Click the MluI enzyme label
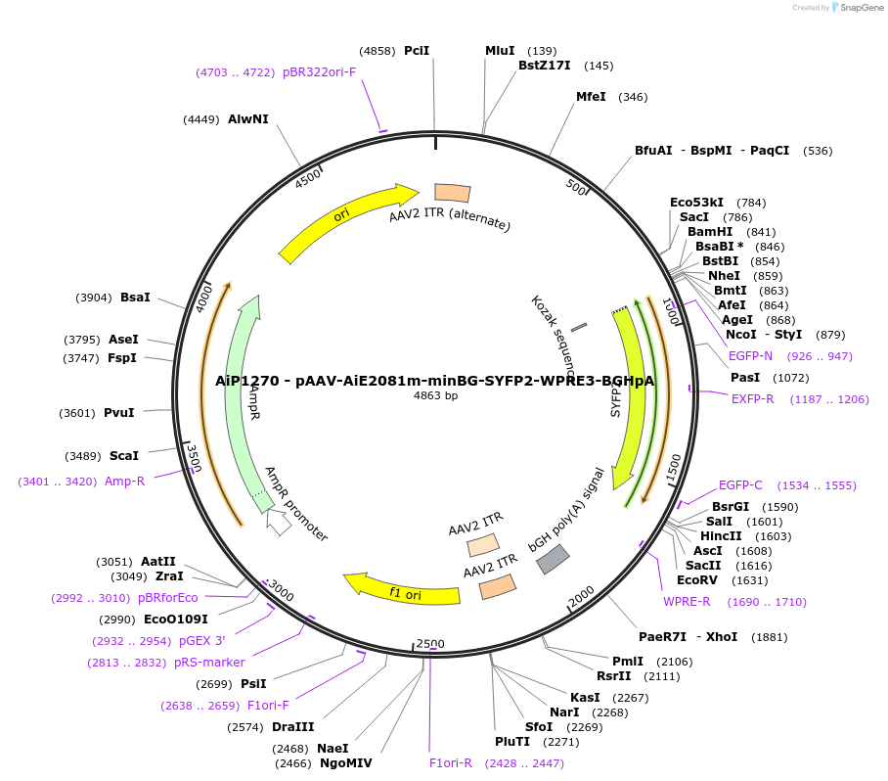(x=500, y=51)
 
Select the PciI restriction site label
(x=417, y=51)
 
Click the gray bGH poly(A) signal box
(x=551, y=559)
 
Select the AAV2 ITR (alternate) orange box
(x=452, y=194)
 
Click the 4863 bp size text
(x=436, y=396)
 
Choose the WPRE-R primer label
(x=686, y=602)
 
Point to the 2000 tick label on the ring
(x=582, y=593)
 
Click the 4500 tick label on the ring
(x=308, y=179)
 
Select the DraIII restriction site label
(x=293, y=727)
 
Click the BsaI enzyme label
(x=136, y=298)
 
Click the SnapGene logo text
(x=860, y=8)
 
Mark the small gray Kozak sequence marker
(x=579, y=327)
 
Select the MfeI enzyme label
(x=591, y=97)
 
